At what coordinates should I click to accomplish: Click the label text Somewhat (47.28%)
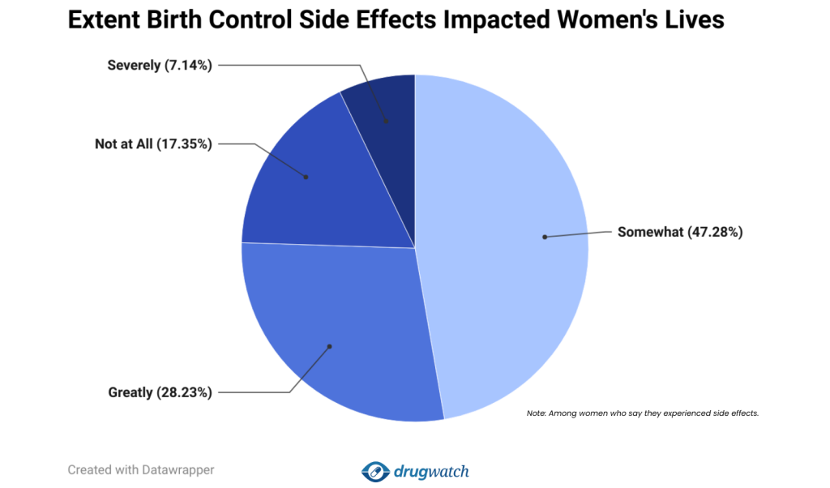tap(680, 232)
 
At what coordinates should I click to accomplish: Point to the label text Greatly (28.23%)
tap(160, 392)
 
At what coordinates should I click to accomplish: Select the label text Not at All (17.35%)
tap(153, 144)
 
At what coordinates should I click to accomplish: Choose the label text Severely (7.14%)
tap(160, 65)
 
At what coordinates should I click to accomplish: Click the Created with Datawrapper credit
tap(140, 469)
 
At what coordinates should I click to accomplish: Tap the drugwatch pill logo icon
tap(375, 471)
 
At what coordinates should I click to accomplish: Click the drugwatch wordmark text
tap(431, 471)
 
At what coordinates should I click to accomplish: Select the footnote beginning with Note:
tap(642, 413)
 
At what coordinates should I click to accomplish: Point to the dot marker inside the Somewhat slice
tap(545, 237)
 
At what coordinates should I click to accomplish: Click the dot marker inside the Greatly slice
tap(330, 347)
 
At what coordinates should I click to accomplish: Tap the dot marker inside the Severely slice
tap(386, 122)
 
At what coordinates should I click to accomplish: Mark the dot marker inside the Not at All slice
tap(306, 177)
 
